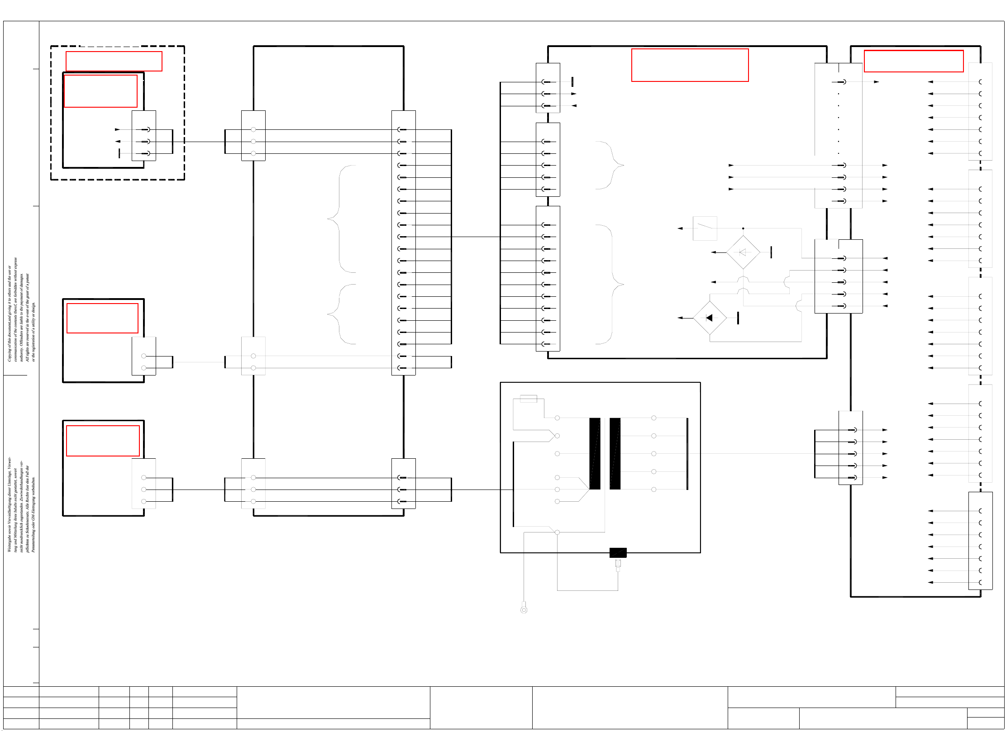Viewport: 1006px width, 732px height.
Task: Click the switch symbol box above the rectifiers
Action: tap(705, 228)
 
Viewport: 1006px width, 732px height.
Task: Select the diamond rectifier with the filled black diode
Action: tap(710, 318)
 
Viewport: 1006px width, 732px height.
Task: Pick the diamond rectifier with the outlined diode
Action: tap(743, 252)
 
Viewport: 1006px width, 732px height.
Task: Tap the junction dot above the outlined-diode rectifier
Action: tap(743, 228)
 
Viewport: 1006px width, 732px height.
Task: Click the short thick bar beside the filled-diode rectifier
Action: tap(738, 318)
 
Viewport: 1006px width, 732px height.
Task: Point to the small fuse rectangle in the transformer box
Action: tap(528, 399)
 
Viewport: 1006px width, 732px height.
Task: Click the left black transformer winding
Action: tap(595, 453)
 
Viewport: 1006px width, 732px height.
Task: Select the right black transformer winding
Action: tap(615, 453)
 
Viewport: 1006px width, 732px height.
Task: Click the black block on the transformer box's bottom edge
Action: tap(618, 552)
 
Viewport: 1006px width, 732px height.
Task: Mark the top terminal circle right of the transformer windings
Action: tap(653, 418)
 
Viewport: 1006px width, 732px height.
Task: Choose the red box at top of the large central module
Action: tap(690, 65)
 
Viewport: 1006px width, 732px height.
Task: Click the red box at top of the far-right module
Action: tap(913, 61)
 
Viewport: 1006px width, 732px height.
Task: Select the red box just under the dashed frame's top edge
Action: tap(114, 61)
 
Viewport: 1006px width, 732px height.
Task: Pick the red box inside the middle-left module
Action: tap(102, 318)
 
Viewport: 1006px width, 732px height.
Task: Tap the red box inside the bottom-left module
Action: tap(103, 441)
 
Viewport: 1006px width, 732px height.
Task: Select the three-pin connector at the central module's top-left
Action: tap(548, 88)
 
